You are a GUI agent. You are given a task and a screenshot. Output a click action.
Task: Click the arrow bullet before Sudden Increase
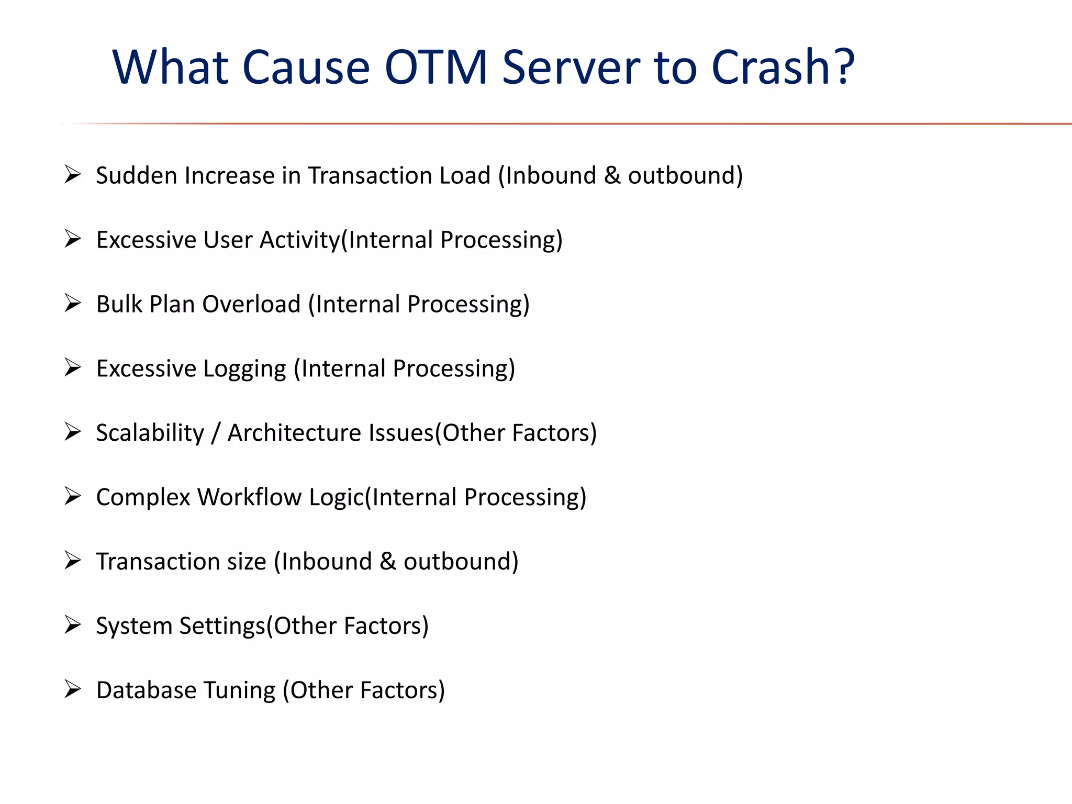tap(73, 174)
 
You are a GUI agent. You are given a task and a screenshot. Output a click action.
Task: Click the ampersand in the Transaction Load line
tap(612, 175)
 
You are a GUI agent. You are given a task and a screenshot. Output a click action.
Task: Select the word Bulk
tap(119, 304)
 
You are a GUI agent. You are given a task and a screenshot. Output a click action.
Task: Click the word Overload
tap(251, 304)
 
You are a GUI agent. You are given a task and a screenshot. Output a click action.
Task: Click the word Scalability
tap(150, 433)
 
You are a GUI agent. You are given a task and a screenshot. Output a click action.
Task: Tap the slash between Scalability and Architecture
tap(215, 433)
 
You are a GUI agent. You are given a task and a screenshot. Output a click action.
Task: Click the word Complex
tap(143, 497)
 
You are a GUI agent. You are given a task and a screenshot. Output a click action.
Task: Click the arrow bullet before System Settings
tap(73, 625)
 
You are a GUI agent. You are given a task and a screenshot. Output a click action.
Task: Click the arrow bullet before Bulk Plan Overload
tap(73, 303)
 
